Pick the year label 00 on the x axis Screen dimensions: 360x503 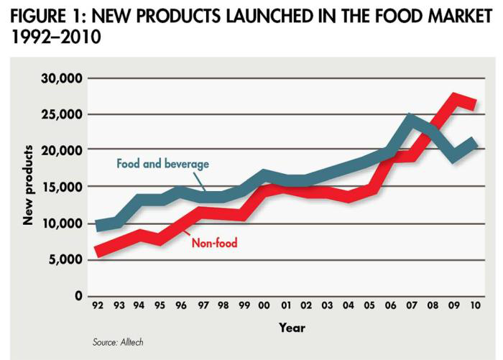tap(264, 307)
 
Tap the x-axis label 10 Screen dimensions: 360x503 tap(474, 307)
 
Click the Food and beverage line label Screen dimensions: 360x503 tap(162, 164)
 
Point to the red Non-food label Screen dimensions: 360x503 tap(214, 243)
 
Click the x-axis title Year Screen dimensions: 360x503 tap(292, 328)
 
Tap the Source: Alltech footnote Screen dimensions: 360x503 tap(118, 342)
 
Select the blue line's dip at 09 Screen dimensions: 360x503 tap(454, 157)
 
